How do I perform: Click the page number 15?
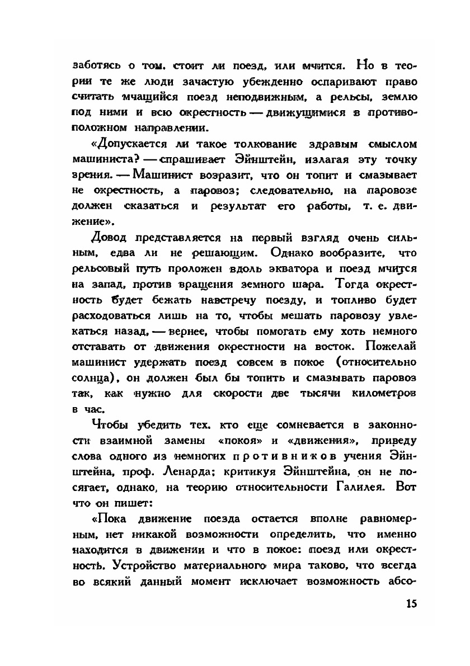[x=410, y=604]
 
